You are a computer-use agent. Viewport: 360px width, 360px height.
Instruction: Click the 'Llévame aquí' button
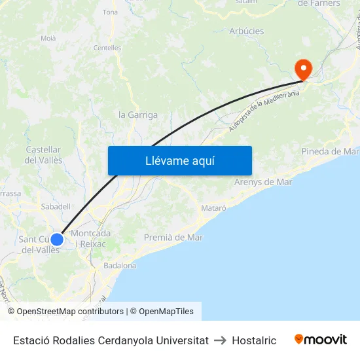pyautogui.click(x=179, y=160)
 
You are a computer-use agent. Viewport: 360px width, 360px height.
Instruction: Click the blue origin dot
pyautogui.click(x=57, y=239)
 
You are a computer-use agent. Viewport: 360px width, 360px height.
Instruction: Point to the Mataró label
pyautogui.click(x=212, y=208)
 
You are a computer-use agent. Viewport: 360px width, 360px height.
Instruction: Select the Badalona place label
pyautogui.click(x=120, y=266)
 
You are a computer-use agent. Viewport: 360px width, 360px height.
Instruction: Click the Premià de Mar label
pyautogui.click(x=173, y=238)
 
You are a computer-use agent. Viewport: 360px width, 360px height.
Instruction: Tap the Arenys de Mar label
pyautogui.click(x=263, y=182)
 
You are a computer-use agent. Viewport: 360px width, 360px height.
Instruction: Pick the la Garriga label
pyautogui.click(x=137, y=115)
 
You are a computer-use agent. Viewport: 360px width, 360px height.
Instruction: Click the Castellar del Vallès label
pyautogui.click(x=44, y=155)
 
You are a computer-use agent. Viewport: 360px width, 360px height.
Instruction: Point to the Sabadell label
pyautogui.click(x=56, y=206)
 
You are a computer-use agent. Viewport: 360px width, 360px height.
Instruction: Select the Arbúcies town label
pyautogui.click(x=247, y=31)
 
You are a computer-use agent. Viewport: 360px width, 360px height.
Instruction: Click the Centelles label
pyautogui.click(x=107, y=48)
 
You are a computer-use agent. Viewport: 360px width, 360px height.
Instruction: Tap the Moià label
pyautogui.click(x=48, y=39)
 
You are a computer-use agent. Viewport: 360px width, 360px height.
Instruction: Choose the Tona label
pyautogui.click(x=110, y=12)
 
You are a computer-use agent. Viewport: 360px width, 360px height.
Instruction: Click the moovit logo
pyautogui.click(x=321, y=340)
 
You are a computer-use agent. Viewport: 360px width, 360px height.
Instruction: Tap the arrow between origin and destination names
pyautogui.click(x=220, y=340)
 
